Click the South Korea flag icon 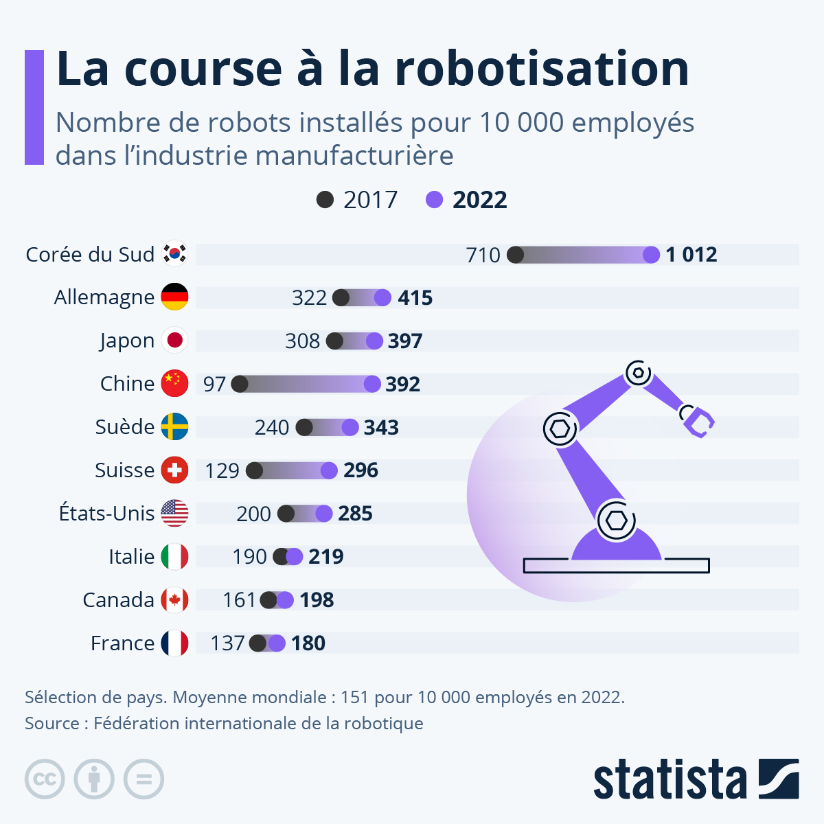click(174, 254)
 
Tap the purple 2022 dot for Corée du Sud click(651, 255)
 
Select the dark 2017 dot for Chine click(240, 384)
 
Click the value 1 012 click(691, 255)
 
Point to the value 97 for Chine click(214, 385)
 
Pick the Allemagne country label click(104, 297)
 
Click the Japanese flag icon click(174, 341)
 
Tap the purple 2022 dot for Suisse click(329, 470)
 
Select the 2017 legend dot click(325, 200)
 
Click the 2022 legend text click(479, 200)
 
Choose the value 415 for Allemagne click(415, 298)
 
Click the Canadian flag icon click(174, 600)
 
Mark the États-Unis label click(106, 514)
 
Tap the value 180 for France click(308, 643)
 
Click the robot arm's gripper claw click(698, 420)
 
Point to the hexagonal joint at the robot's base click(616, 520)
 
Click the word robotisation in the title click(542, 69)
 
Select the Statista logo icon click(779, 779)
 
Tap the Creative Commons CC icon click(45, 779)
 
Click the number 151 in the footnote click(354, 698)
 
